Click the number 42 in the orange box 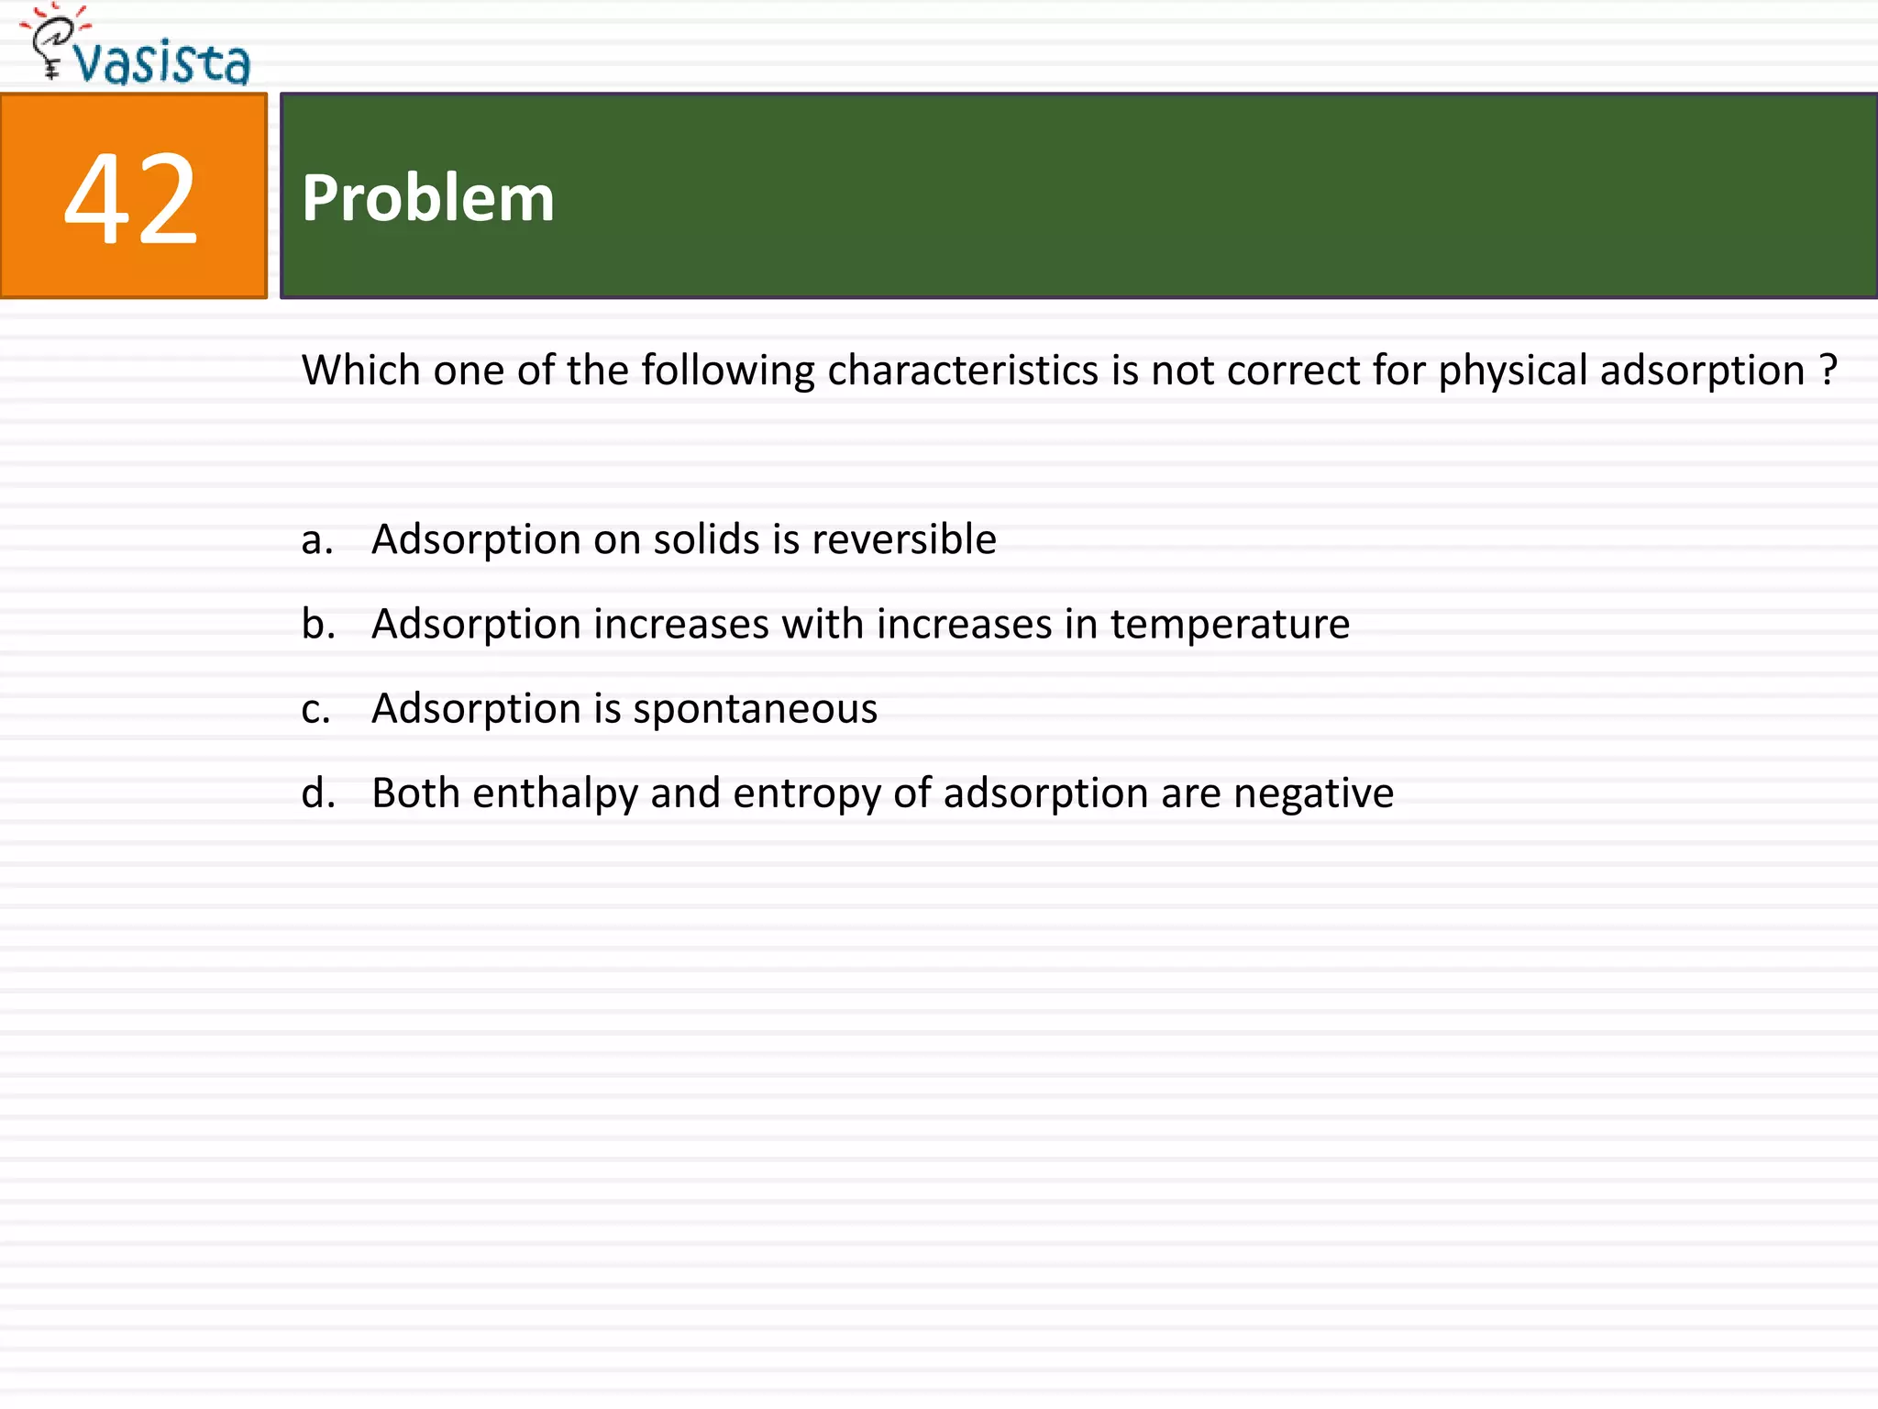[131, 198]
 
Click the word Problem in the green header [428, 198]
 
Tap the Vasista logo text [162, 63]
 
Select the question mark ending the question [1828, 370]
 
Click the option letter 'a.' [316, 539]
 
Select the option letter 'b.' [317, 624]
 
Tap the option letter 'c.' [315, 709]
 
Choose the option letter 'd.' [317, 793]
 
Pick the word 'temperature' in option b [1230, 625]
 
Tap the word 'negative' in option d [1313, 793]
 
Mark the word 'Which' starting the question [361, 371]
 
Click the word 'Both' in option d [415, 793]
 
